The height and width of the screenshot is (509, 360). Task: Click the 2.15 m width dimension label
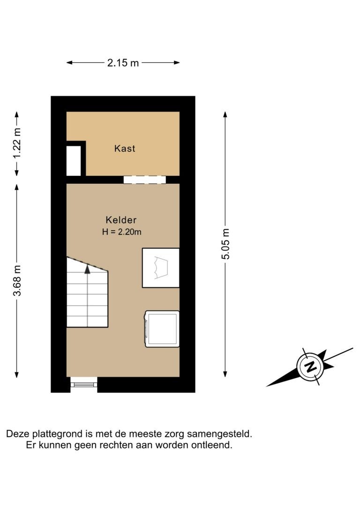123,63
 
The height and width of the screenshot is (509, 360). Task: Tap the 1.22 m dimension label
16,143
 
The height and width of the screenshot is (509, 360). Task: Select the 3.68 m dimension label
16,280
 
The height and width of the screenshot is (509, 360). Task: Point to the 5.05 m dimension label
225,244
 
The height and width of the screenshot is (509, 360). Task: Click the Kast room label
125,149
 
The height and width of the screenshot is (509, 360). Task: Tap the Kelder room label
121,220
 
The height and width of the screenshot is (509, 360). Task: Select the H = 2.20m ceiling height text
122,232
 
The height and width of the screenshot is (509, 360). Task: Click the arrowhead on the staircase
87,269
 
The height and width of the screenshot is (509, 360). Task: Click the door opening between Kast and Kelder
145,180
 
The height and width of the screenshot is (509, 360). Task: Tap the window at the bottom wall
84,384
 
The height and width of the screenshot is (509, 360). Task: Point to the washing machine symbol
162,329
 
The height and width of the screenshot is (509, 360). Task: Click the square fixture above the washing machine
161,268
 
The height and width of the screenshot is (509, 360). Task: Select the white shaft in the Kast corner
74,161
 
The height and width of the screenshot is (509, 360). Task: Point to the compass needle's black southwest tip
267,386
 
